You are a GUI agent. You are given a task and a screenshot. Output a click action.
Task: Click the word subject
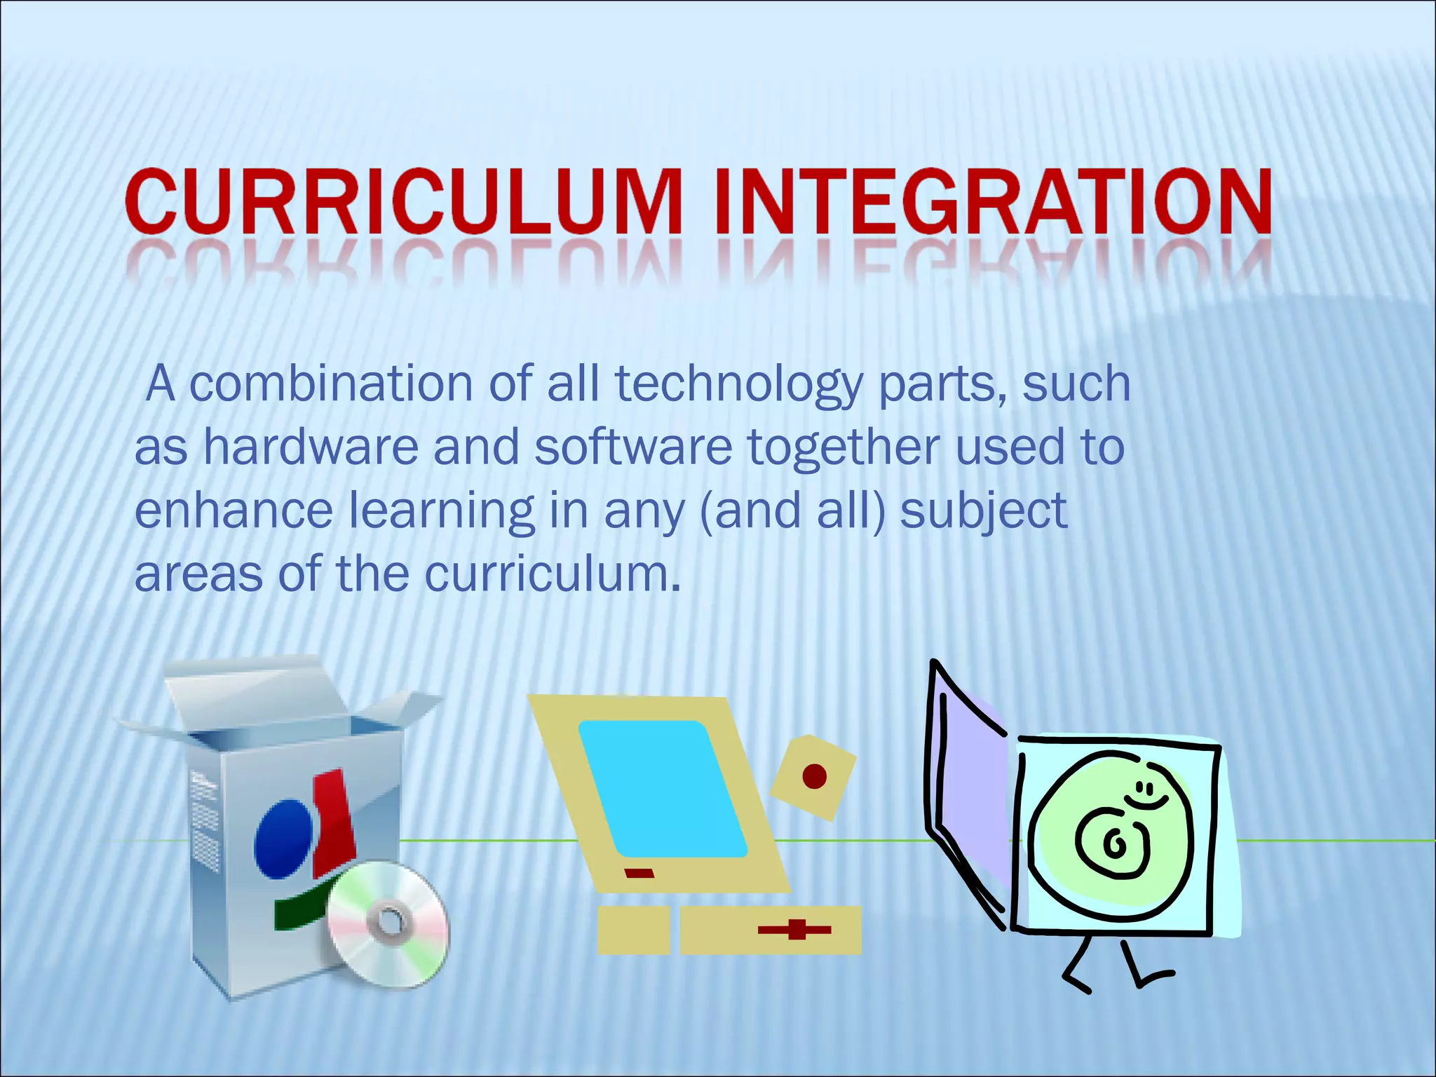click(x=983, y=512)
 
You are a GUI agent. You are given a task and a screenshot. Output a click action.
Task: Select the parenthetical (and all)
click(x=792, y=512)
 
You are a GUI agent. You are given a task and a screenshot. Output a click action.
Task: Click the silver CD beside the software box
click(x=387, y=923)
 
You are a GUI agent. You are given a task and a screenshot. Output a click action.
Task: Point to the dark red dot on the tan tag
click(x=814, y=776)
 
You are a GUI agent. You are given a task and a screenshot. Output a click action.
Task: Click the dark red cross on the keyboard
click(x=795, y=930)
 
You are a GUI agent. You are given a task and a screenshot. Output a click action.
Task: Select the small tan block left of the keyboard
click(x=633, y=930)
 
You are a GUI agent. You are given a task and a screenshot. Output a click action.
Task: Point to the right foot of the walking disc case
click(x=1153, y=976)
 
